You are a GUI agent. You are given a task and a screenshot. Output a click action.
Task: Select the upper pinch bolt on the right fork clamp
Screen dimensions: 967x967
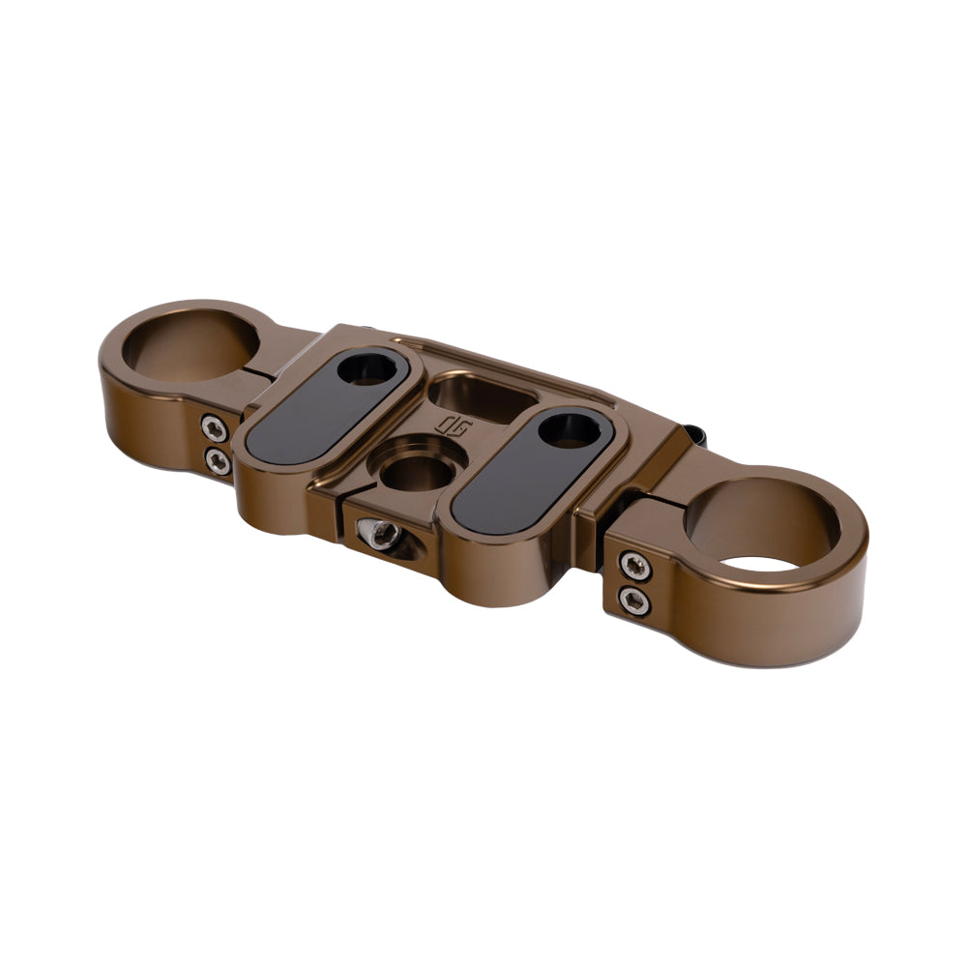click(633, 567)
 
